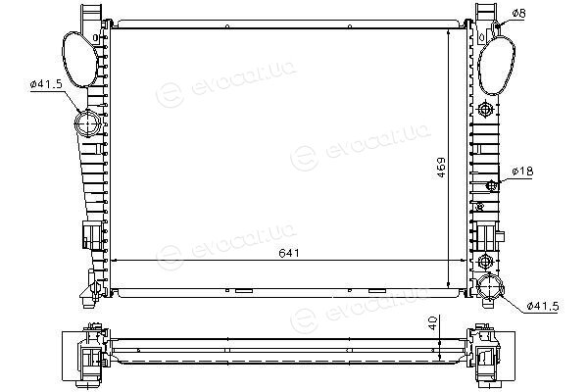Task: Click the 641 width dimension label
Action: tap(289, 253)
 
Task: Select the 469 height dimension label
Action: tap(441, 168)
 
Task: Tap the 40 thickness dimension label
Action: tap(433, 323)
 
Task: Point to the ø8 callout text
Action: tap(519, 14)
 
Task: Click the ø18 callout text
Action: tap(522, 171)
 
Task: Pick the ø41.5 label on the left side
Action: tap(46, 84)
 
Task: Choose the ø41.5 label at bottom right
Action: tap(543, 306)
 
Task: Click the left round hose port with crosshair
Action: tap(87, 123)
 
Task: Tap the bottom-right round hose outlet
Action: tap(491, 286)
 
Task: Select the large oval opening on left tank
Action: tap(79, 60)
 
